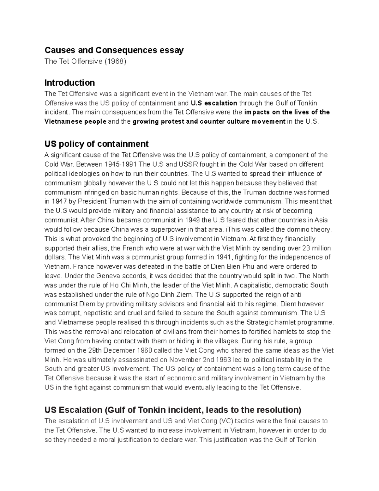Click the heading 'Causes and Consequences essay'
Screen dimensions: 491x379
click(x=114, y=50)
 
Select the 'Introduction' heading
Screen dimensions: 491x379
click(x=69, y=83)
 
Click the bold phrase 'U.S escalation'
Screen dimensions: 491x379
click(x=214, y=103)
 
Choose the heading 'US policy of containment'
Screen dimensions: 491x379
click(x=96, y=144)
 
